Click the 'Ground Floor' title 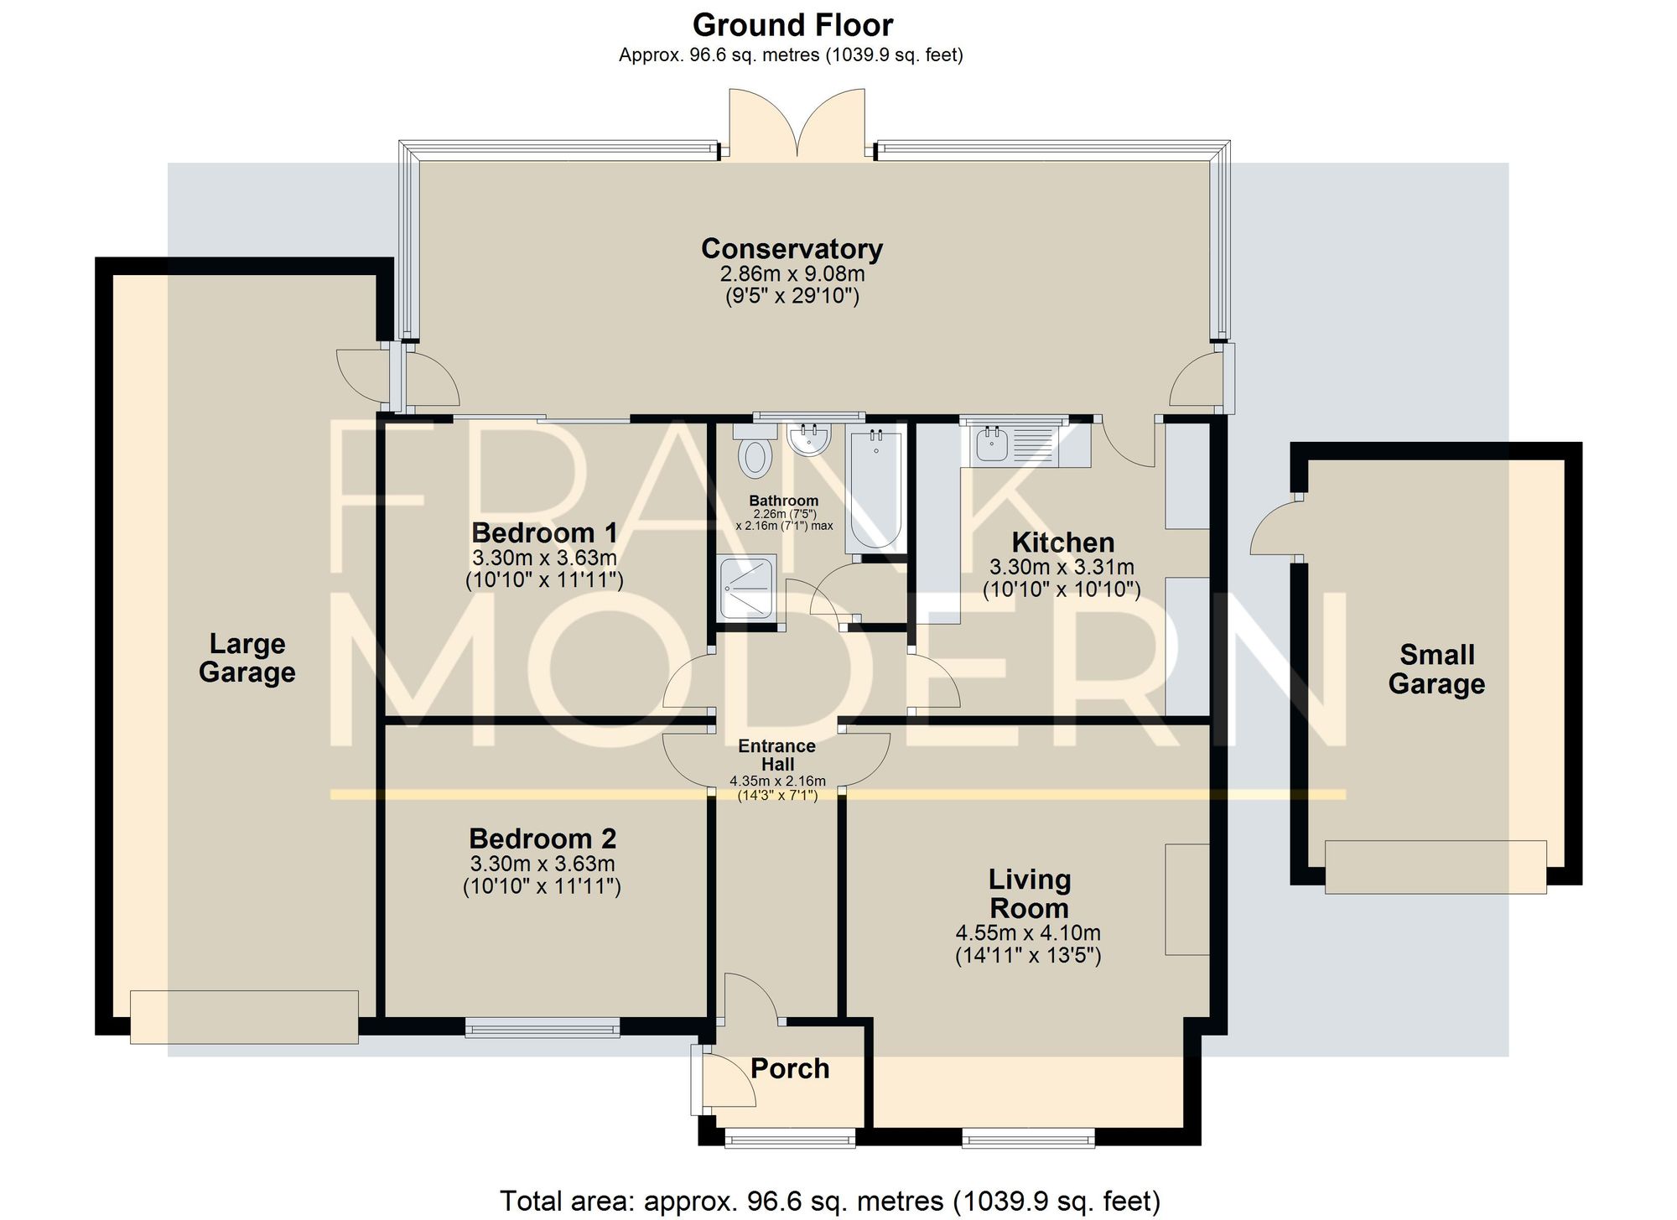click(x=792, y=25)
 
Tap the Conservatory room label click(x=792, y=249)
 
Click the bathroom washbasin click(x=809, y=439)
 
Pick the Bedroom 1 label click(x=544, y=532)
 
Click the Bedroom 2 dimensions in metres click(x=543, y=864)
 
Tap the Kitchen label click(x=1062, y=542)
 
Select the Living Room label click(x=1030, y=894)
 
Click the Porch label click(x=790, y=1068)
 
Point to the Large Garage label click(x=247, y=658)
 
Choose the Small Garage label click(x=1436, y=669)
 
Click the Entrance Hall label click(x=777, y=755)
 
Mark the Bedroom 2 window click(x=543, y=1027)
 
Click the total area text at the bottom click(x=830, y=1201)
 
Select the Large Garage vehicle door click(x=244, y=1017)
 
